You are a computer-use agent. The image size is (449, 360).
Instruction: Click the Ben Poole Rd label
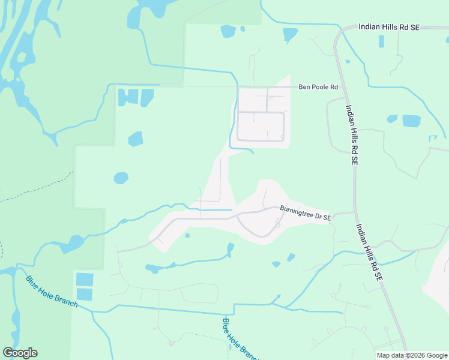tap(319, 87)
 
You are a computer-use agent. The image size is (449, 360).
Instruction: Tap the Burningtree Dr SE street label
tap(306, 213)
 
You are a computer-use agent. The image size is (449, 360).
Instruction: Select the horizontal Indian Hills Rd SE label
tap(389, 27)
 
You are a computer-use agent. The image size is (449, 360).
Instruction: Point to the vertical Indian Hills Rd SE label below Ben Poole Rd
tap(352, 136)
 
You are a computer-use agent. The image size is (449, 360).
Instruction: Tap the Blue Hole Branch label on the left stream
tap(52, 290)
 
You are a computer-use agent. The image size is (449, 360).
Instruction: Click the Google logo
tap(20, 353)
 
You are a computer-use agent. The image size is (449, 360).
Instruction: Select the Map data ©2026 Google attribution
tap(412, 355)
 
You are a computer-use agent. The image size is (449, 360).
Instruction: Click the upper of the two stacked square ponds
tap(85, 280)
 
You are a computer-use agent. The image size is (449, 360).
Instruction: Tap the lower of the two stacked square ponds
tap(85, 294)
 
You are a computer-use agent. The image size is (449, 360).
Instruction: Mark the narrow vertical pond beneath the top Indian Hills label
tap(382, 41)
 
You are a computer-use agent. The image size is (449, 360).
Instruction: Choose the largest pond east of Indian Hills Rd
tap(411, 121)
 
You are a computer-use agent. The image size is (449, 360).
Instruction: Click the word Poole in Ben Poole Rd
tap(319, 87)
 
